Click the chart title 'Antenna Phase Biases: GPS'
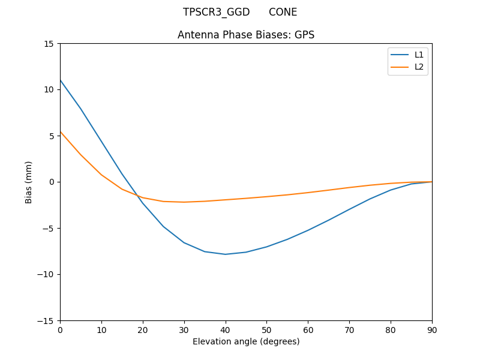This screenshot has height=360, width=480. (246, 35)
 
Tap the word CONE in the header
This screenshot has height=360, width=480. (283, 12)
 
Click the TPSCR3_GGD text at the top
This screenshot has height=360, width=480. (216, 12)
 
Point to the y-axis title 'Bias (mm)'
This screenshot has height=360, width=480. (29, 182)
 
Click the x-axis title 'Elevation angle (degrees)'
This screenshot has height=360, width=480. (246, 341)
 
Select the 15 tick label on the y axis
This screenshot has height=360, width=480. (49, 43)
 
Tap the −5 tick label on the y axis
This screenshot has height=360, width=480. (48, 228)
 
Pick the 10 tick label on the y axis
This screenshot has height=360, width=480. (49, 89)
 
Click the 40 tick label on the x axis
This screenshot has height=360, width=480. (225, 330)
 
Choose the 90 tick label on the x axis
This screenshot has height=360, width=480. (431, 330)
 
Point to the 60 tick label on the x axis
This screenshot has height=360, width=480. (308, 330)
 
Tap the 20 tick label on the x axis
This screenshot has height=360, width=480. (143, 330)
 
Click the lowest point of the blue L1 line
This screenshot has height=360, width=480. (225, 254)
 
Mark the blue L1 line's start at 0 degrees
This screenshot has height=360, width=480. (61, 80)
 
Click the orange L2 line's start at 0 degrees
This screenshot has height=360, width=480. (61, 131)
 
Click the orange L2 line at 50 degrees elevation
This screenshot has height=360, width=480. (266, 196)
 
